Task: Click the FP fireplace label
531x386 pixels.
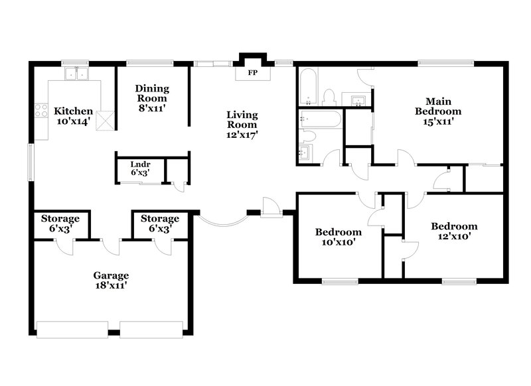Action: point(252,72)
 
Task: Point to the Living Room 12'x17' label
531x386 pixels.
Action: point(242,124)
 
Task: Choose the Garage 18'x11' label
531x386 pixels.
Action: point(111,280)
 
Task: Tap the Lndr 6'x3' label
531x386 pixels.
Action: point(139,167)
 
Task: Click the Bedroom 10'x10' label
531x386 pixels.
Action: point(339,237)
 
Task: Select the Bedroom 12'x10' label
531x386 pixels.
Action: point(457,231)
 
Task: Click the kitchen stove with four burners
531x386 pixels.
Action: point(40,111)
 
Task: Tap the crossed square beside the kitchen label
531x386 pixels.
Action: point(105,121)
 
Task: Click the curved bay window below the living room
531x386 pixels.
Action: point(222,223)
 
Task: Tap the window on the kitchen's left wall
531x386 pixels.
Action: point(29,162)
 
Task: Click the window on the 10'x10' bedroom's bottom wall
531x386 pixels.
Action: point(339,282)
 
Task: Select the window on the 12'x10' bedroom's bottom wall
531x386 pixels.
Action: point(459,282)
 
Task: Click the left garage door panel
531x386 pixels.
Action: point(72,330)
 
